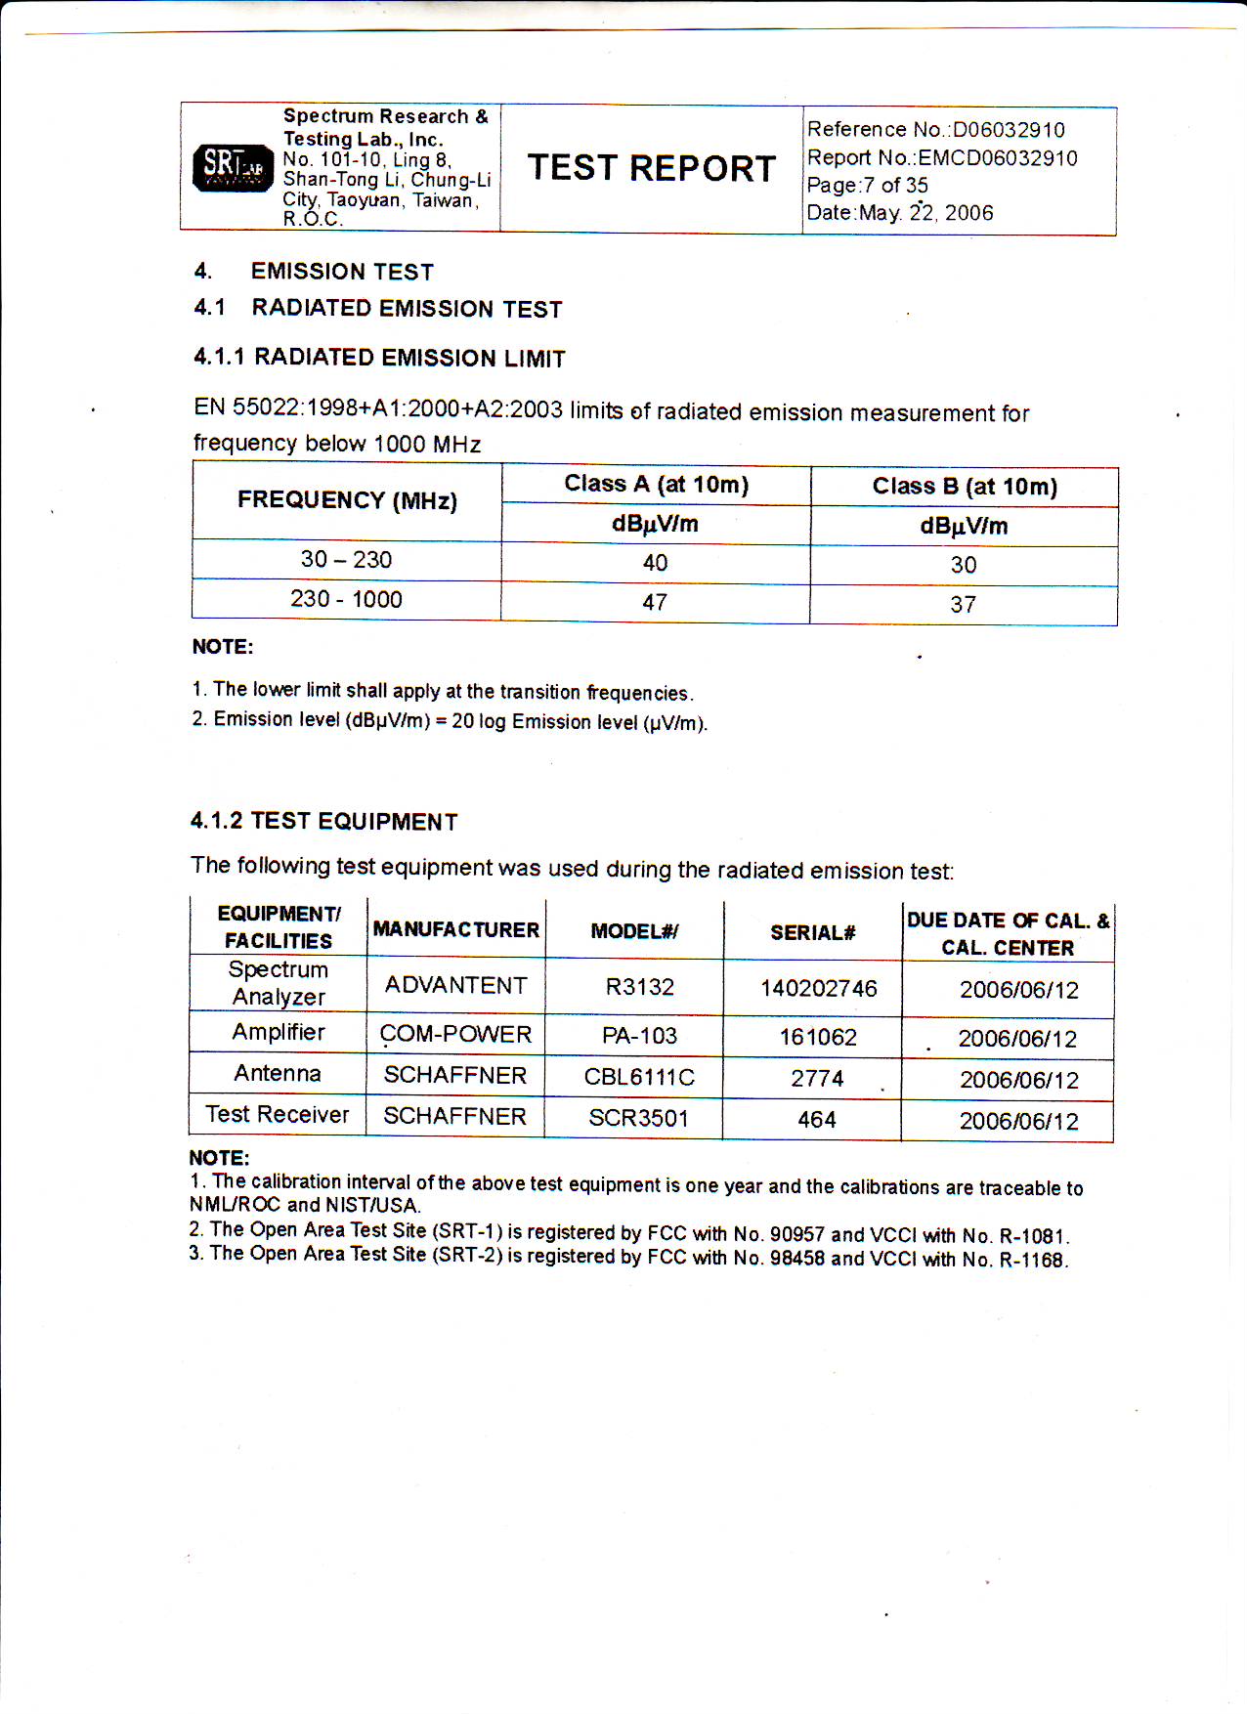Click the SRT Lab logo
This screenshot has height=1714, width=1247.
pyautogui.click(x=233, y=167)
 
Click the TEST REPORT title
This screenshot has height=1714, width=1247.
pyautogui.click(x=652, y=168)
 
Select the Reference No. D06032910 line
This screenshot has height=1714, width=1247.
pyautogui.click(x=935, y=130)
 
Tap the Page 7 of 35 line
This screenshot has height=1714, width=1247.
pyautogui.click(x=867, y=186)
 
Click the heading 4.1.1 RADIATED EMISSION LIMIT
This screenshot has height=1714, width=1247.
pyautogui.click(x=379, y=358)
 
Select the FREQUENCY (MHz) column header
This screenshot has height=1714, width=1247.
pyautogui.click(x=347, y=500)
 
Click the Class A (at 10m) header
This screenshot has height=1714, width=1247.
pyautogui.click(x=656, y=485)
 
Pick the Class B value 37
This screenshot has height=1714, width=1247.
pyautogui.click(x=963, y=605)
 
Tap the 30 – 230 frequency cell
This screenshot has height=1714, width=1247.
pyautogui.click(x=346, y=560)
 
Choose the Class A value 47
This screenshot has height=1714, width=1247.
pyautogui.click(x=655, y=603)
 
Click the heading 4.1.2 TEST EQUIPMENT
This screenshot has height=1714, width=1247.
pyautogui.click(x=323, y=821)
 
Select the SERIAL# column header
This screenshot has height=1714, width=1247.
pyautogui.click(x=812, y=933)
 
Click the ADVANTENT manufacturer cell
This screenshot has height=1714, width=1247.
pyautogui.click(x=455, y=986)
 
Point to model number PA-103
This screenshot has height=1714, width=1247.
pyautogui.click(x=639, y=1036)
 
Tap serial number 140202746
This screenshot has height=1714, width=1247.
pyautogui.click(x=819, y=989)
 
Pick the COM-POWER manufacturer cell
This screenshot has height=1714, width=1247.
pyautogui.click(x=455, y=1035)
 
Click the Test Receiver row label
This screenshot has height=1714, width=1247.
pyautogui.click(x=278, y=1115)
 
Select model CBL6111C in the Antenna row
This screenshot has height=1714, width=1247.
pyautogui.click(x=639, y=1078)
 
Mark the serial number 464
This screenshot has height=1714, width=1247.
pyautogui.click(x=817, y=1120)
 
